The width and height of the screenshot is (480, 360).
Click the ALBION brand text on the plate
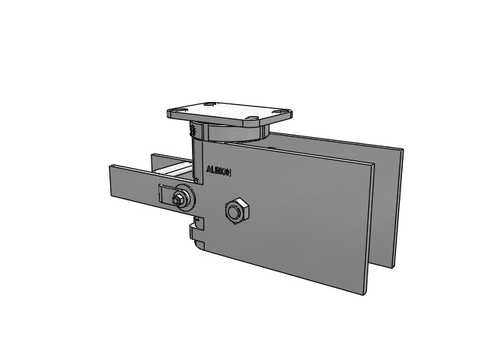(218, 171)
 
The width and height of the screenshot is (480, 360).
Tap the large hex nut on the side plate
(237, 211)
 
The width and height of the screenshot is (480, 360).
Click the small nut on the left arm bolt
(177, 200)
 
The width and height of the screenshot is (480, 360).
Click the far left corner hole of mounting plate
(180, 109)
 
